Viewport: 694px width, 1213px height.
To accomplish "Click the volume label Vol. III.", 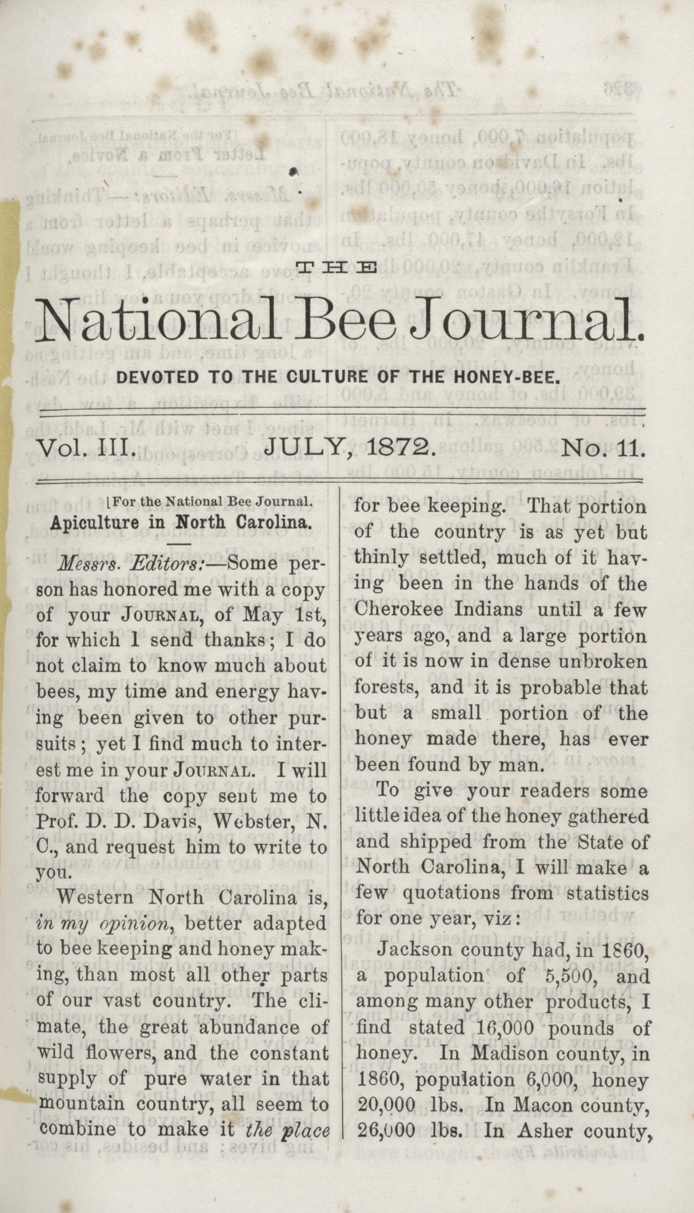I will (87, 447).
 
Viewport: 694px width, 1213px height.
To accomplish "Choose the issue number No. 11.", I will (603, 447).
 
